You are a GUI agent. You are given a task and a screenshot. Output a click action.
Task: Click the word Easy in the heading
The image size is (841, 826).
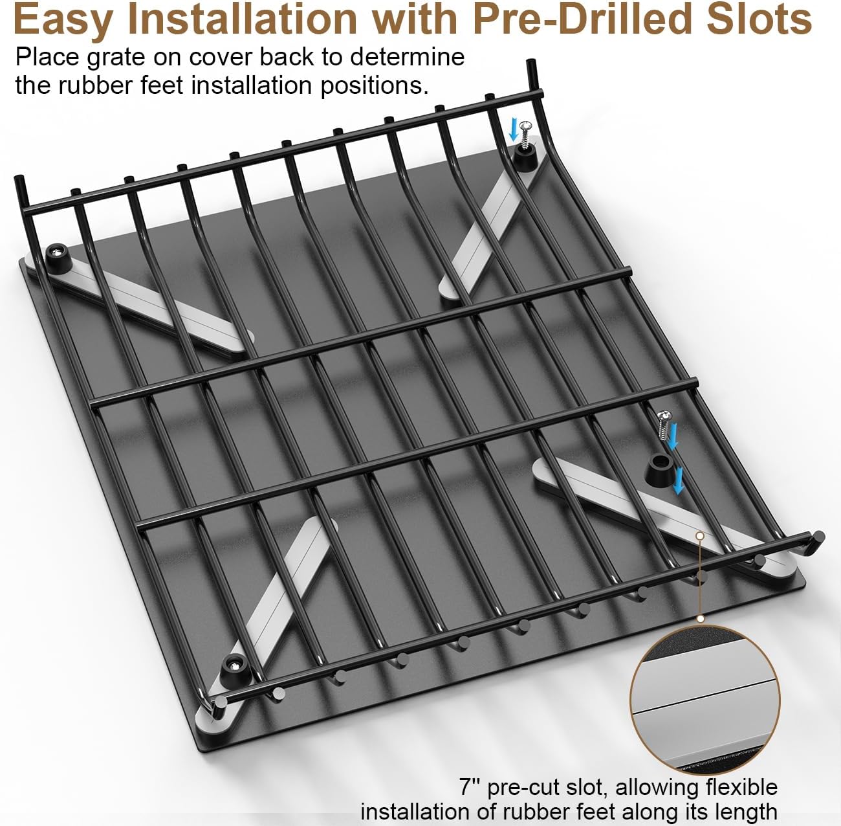62,21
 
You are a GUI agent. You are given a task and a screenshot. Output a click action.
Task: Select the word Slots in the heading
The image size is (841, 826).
760,19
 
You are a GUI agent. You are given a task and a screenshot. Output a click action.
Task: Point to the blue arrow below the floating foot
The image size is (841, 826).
678,480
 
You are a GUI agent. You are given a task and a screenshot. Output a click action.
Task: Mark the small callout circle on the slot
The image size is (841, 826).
700,535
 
